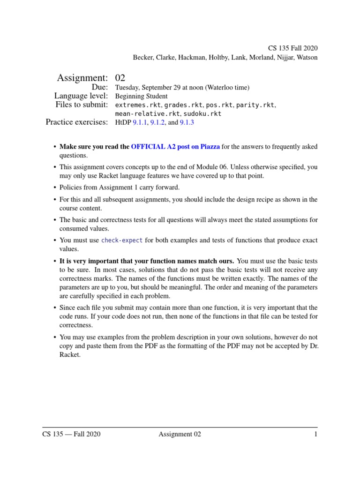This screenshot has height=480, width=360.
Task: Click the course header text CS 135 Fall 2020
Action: [292, 48]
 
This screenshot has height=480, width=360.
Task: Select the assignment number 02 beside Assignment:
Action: [120, 77]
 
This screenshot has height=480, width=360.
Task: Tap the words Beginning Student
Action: [141, 96]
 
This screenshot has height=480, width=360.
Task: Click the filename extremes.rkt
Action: [135, 105]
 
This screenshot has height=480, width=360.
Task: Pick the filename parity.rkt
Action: [255, 105]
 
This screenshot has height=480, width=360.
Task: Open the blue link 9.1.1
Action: [140, 123]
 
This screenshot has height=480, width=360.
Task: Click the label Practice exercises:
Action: [77, 123]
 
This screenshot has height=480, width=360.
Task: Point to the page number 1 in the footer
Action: [316, 434]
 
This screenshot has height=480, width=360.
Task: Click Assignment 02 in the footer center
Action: [180, 434]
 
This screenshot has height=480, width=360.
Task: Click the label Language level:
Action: [81, 96]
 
